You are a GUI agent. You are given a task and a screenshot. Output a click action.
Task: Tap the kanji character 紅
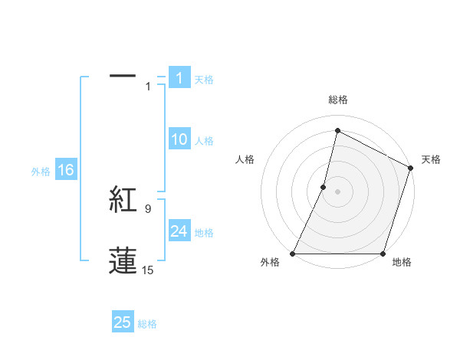pos(123,200)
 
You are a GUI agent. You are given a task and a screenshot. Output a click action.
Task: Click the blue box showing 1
pos(179,78)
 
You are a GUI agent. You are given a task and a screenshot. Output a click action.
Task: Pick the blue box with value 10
pos(179,139)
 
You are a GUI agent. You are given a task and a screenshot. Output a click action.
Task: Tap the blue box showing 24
pos(179,231)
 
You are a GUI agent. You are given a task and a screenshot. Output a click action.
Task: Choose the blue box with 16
pos(65,170)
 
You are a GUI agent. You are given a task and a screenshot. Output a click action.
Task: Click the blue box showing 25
pos(123,322)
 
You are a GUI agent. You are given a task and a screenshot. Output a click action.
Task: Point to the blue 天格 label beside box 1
pos(204,79)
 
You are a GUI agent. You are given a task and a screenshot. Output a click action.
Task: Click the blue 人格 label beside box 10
pos(204,140)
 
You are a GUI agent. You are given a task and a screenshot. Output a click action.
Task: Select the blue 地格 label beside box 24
pos(204,232)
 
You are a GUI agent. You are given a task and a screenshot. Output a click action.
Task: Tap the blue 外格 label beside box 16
pos(41,172)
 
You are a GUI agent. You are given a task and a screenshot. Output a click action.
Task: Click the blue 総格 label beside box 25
pos(147,324)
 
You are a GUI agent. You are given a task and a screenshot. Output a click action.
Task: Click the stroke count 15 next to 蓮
pos(148,270)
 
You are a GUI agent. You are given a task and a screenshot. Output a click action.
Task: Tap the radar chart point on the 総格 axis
pos(337,131)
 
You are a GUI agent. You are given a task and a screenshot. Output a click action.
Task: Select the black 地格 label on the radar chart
pos(402,263)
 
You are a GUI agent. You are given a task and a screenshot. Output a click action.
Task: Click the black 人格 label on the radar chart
pos(245,160)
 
